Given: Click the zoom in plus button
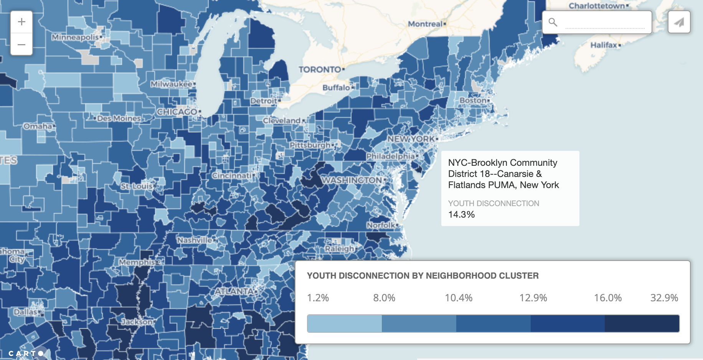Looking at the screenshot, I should click(x=21, y=22).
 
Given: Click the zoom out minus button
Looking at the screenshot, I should click(x=21, y=45).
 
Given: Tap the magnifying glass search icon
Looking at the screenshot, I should click(x=553, y=22).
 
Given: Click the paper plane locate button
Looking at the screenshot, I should click(x=679, y=22).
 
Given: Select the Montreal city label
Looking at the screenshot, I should click(x=425, y=24).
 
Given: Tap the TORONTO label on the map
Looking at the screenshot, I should click(x=320, y=69).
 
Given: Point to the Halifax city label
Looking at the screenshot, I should click(x=604, y=45).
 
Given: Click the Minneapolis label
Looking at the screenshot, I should click(x=75, y=37).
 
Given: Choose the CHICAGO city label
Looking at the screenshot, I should click(x=177, y=112).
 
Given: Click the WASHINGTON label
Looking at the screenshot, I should click(x=352, y=180).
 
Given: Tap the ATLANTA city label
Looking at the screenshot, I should click(x=234, y=291).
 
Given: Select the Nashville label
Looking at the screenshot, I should click(x=195, y=240).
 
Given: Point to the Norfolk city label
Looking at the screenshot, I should click(x=381, y=225).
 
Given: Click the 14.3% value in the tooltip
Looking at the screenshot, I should click(x=461, y=215).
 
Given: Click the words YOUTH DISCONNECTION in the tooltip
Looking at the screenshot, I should click(x=493, y=203).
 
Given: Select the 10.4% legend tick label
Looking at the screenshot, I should click(x=459, y=298).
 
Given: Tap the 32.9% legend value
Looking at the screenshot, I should click(x=664, y=298).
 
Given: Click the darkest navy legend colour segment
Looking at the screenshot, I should click(x=642, y=324).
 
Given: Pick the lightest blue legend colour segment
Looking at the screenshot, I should click(x=344, y=324).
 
